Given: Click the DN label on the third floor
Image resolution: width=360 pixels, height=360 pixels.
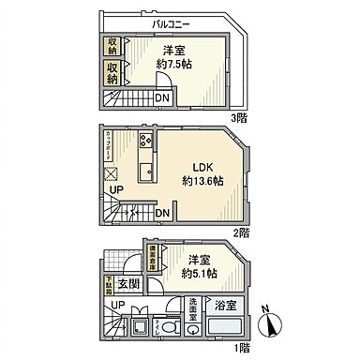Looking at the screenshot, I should point(160,98).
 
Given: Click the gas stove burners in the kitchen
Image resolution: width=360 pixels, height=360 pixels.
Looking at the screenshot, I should point(147,142).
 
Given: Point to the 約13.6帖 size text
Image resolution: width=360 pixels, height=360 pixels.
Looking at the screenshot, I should point(201,180).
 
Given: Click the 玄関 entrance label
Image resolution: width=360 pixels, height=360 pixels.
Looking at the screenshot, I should point(129,284).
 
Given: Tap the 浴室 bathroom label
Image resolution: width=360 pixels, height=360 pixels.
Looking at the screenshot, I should point(225,305).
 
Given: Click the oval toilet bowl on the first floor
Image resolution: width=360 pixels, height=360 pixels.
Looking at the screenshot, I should point(165,328).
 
